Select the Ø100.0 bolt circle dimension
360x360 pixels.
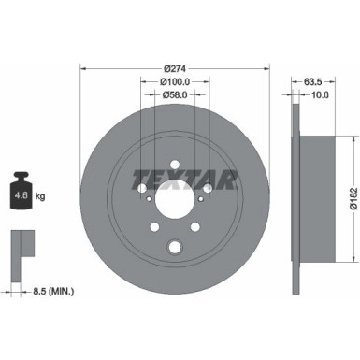point(174,82)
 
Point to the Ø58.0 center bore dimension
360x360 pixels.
point(174,95)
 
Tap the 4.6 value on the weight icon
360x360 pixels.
point(18,195)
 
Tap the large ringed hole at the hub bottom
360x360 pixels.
point(174,247)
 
